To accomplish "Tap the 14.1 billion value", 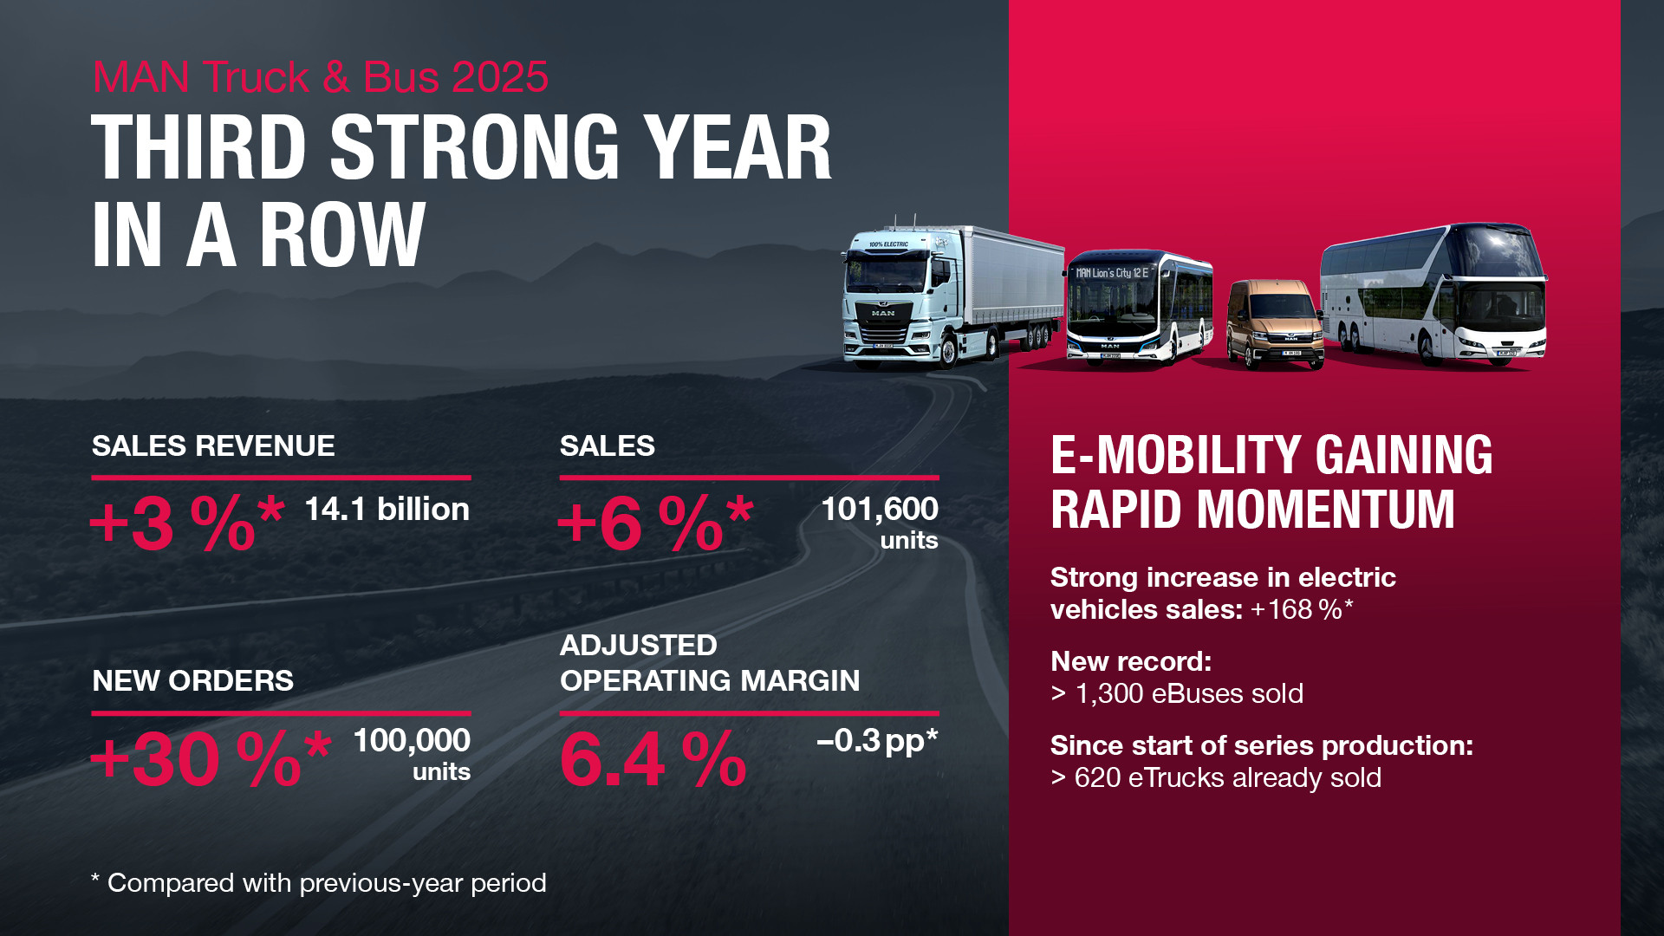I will point(387,510).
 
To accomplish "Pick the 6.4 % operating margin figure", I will point(653,759).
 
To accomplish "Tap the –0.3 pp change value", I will point(876,741).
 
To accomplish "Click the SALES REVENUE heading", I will point(213,446).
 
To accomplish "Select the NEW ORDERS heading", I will point(192,681).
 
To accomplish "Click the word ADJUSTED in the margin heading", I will point(638,646).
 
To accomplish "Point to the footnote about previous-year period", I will point(319,883).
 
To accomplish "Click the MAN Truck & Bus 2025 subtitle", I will point(320,77).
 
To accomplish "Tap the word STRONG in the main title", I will point(474,148).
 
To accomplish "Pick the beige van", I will point(1274,324).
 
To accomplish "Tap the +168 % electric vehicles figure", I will point(1301,610).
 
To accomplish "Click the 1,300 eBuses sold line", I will point(1177,694).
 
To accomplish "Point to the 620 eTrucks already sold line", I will point(1215,778).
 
